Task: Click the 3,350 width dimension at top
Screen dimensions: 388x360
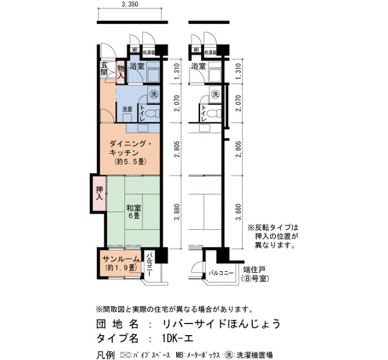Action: click(130, 4)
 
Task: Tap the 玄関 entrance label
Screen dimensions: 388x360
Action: click(104, 69)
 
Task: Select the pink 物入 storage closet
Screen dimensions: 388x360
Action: click(120, 72)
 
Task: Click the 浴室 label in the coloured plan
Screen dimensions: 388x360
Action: click(137, 66)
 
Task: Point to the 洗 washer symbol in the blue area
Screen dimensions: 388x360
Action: click(154, 94)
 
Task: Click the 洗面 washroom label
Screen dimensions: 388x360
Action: click(127, 109)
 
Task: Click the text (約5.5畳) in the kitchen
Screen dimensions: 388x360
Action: click(130, 162)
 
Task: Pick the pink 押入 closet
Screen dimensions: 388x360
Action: click(99, 193)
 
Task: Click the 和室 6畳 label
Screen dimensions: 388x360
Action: click(134, 212)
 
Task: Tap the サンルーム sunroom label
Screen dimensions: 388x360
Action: click(121, 259)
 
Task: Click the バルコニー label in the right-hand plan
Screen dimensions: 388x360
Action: click(221, 273)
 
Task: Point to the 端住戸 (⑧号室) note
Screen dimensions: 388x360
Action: click(255, 274)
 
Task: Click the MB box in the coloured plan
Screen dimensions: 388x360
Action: click(135, 50)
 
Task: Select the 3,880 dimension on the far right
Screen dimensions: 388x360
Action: click(238, 212)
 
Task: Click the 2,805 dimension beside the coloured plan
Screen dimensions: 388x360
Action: click(177, 150)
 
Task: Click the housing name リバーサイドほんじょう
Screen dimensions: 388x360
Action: click(221, 323)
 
